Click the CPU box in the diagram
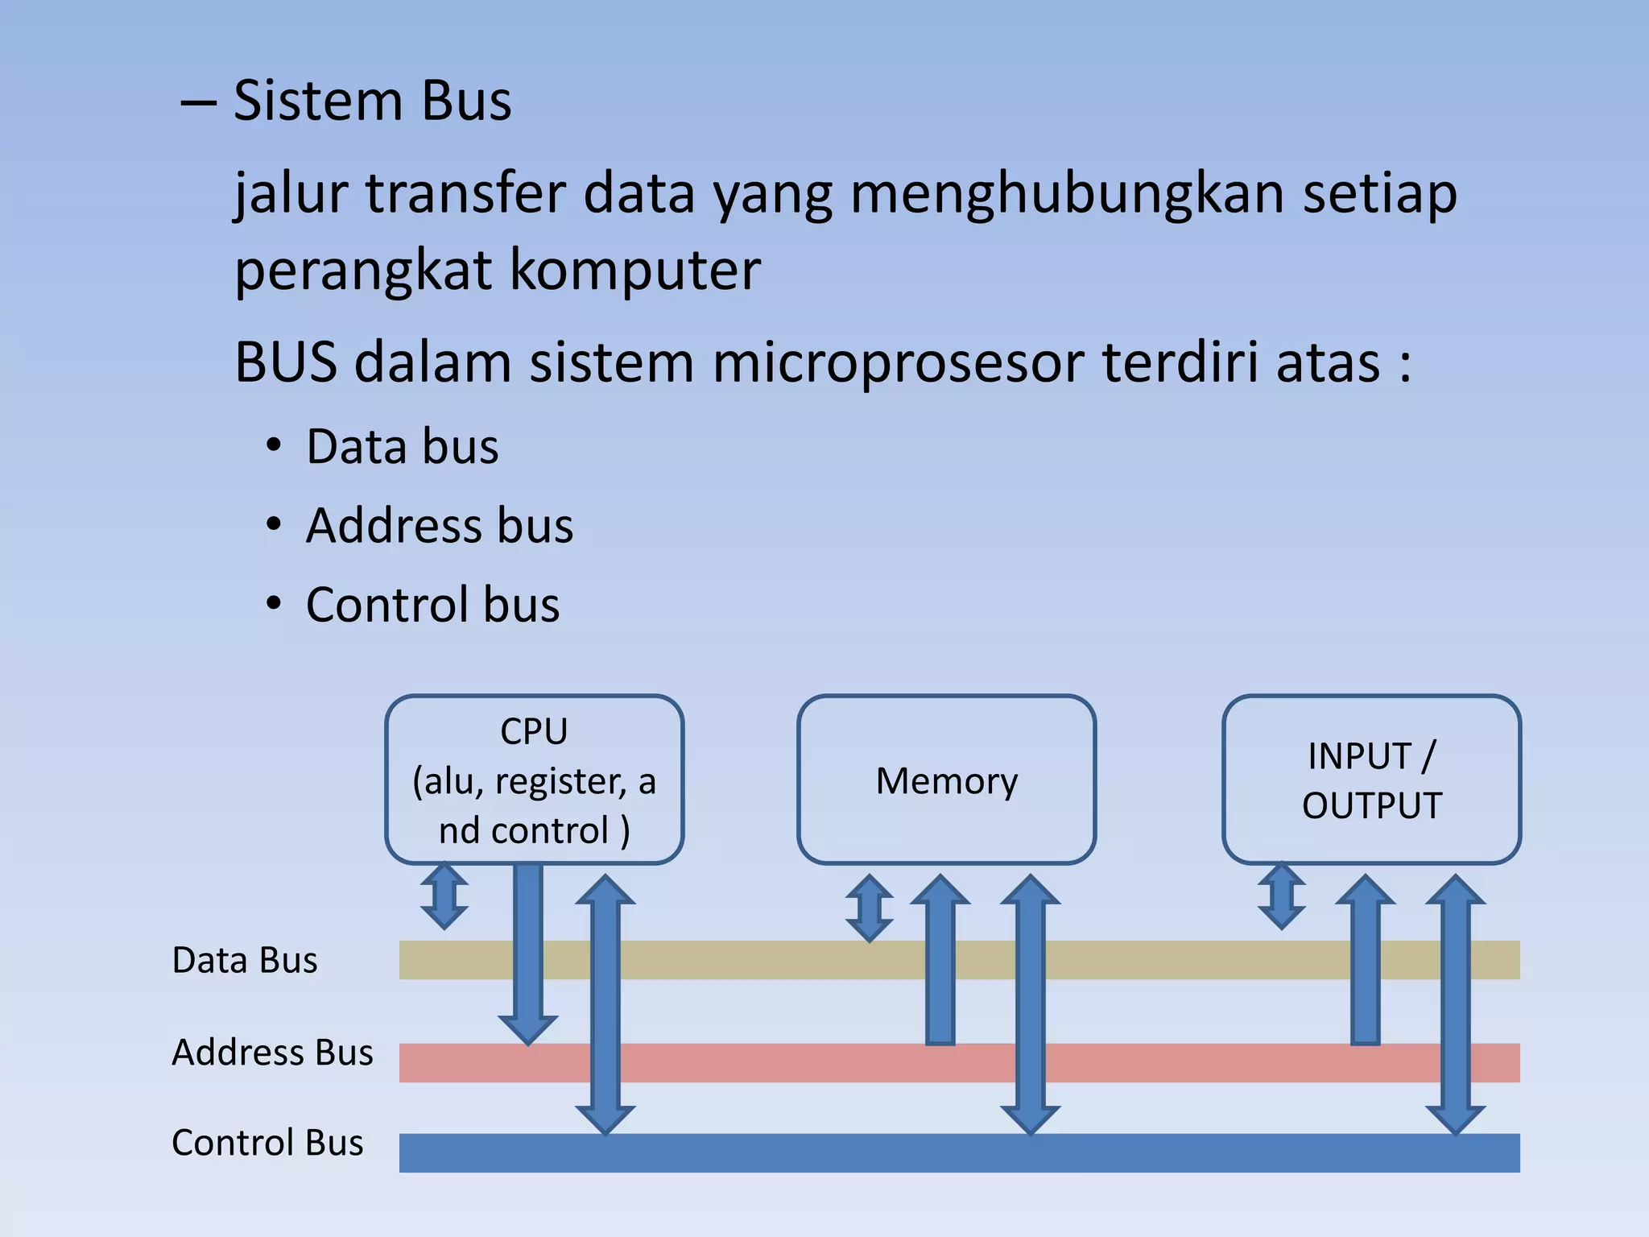pyautogui.click(x=534, y=780)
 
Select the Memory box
pyautogui.click(x=946, y=780)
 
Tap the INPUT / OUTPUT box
pyautogui.click(x=1371, y=780)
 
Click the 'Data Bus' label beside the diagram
pyautogui.click(x=245, y=960)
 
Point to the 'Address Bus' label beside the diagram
pyautogui.click(x=272, y=1052)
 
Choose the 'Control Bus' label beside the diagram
pyautogui.click(x=267, y=1142)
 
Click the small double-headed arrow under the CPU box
pyautogui.click(x=444, y=896)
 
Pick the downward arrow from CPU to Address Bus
pyautogui.click(x=528, y=950)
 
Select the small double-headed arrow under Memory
pyautogui.click(x=870, y=908)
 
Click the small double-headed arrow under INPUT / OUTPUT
pyautogui.click(x=1282, y=896)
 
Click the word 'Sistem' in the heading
pyautogui.click(x=318, y=101)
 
